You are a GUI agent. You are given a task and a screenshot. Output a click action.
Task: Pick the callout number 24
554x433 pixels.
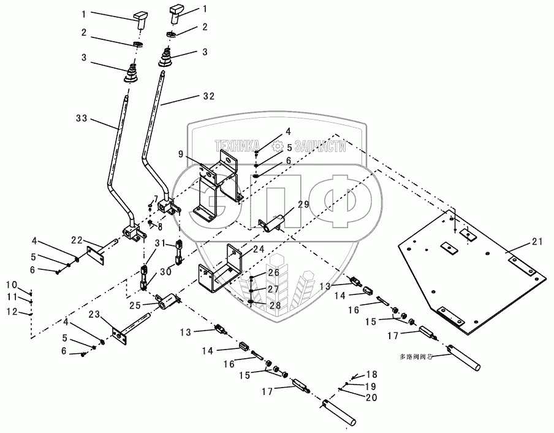[258, 250]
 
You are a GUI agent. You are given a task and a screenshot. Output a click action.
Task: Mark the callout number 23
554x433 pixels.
[94, 315]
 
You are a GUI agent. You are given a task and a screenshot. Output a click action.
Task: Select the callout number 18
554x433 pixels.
[372, 374]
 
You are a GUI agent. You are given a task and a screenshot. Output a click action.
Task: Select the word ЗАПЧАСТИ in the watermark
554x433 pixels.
[320, 146]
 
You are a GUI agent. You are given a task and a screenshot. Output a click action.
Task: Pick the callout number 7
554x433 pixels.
[156, 198]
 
